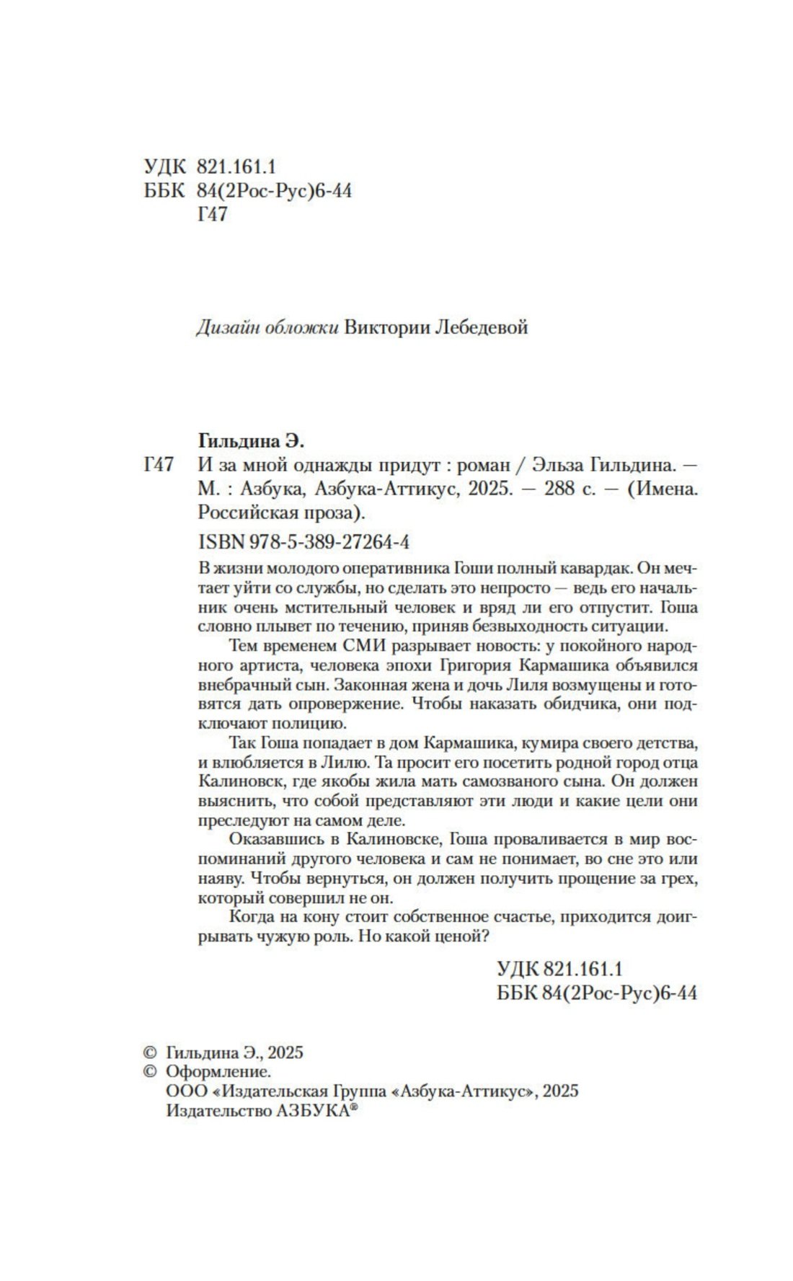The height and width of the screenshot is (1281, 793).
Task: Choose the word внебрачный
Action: click(244, 683)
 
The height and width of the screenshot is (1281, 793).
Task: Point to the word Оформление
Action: click(218, 1071)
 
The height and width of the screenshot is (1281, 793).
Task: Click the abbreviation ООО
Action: click(186, 1091)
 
